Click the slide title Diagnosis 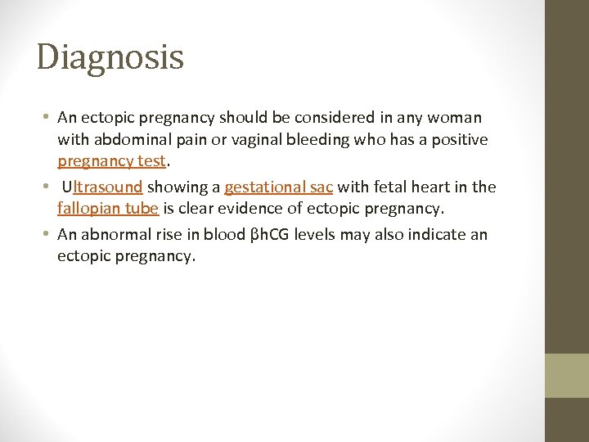click(110, 57)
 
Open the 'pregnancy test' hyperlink click(111, 161)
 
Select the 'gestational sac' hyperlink click(278, 187)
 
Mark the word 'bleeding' click(308, 140)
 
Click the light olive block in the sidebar click(567, 375)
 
